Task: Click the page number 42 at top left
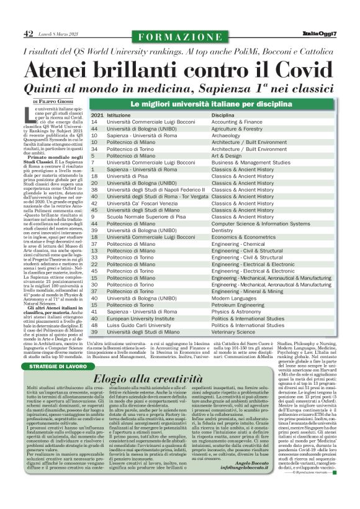click(x=28, y=33)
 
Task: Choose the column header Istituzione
click(x=123, y=115)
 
